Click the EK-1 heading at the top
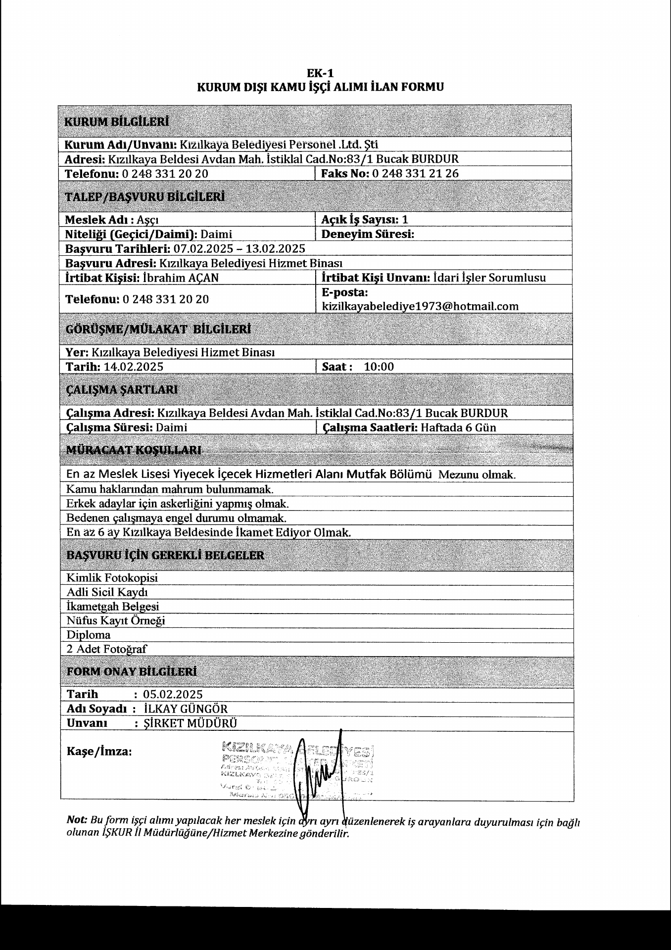point(320,73)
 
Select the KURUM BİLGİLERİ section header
point(117,122)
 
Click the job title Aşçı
point(148,220)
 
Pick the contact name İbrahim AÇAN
point(181,278)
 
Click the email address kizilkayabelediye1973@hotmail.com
point(420,306)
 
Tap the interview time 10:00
point(379,367)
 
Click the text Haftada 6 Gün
point(458,427)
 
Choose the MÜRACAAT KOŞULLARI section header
point(134,450)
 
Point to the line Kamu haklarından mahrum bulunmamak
point(170,489)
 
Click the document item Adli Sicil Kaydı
point(107,592)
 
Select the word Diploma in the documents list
point(89,635)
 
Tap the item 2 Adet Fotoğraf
point(107,649)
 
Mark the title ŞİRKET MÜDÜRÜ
point(190,723)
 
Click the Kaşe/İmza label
point(99,752)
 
